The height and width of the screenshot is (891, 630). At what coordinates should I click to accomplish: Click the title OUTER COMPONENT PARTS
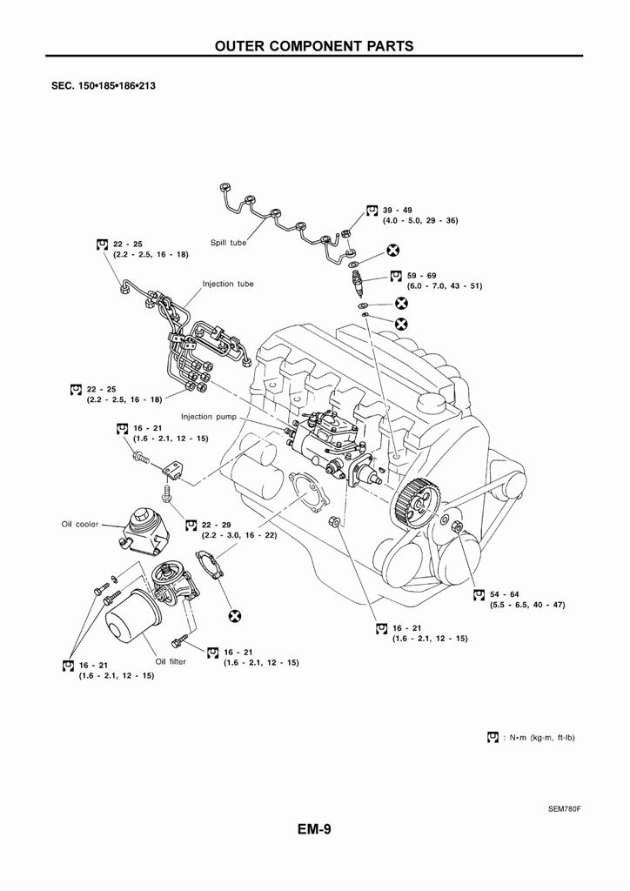314,45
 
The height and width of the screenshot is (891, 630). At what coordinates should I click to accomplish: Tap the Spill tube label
228,243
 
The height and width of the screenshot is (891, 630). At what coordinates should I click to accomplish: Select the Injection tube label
228,284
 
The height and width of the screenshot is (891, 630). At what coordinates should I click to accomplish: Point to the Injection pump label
208,417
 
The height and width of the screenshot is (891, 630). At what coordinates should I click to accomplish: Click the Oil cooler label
79,525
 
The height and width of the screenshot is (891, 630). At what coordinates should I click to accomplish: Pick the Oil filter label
171,661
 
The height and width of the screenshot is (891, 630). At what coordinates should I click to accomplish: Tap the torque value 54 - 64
504,594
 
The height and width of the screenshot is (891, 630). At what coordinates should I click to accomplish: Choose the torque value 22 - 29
216,525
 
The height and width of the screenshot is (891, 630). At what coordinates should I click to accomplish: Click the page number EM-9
314,829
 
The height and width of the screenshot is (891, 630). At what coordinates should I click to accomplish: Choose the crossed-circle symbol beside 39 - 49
392,251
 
